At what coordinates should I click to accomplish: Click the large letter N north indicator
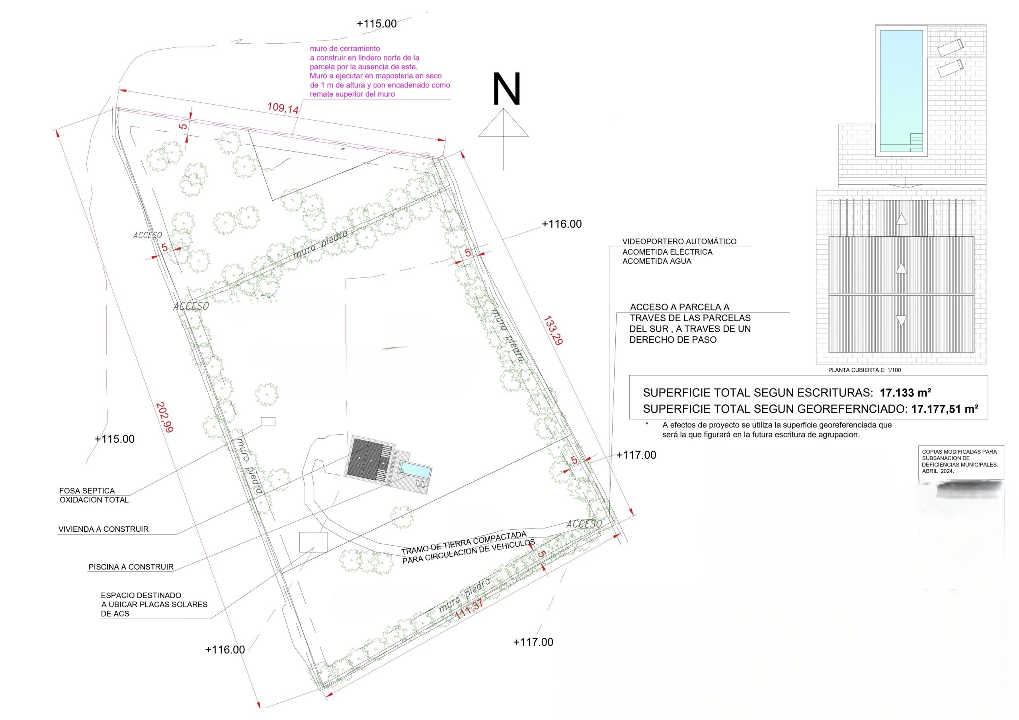[x=506, y=90]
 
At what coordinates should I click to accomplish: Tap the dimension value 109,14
[x=283, y=108]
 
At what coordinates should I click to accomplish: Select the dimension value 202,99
[x=164, y=417]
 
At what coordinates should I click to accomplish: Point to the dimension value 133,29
[x=553, y=330]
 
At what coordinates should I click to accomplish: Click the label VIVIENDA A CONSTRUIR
[x=103, y=529]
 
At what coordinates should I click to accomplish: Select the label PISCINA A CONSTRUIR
[x=131, y=567]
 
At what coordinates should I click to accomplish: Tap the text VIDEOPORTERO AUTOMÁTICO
[x=679, y=242]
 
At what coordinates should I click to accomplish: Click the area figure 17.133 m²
[x=906, y=392]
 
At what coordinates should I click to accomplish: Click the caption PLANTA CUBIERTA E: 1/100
[x=865, y=370]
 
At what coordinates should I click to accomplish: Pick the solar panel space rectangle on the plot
[x=313, y=542]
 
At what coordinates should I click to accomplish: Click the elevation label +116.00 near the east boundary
[x=561, y=224]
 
